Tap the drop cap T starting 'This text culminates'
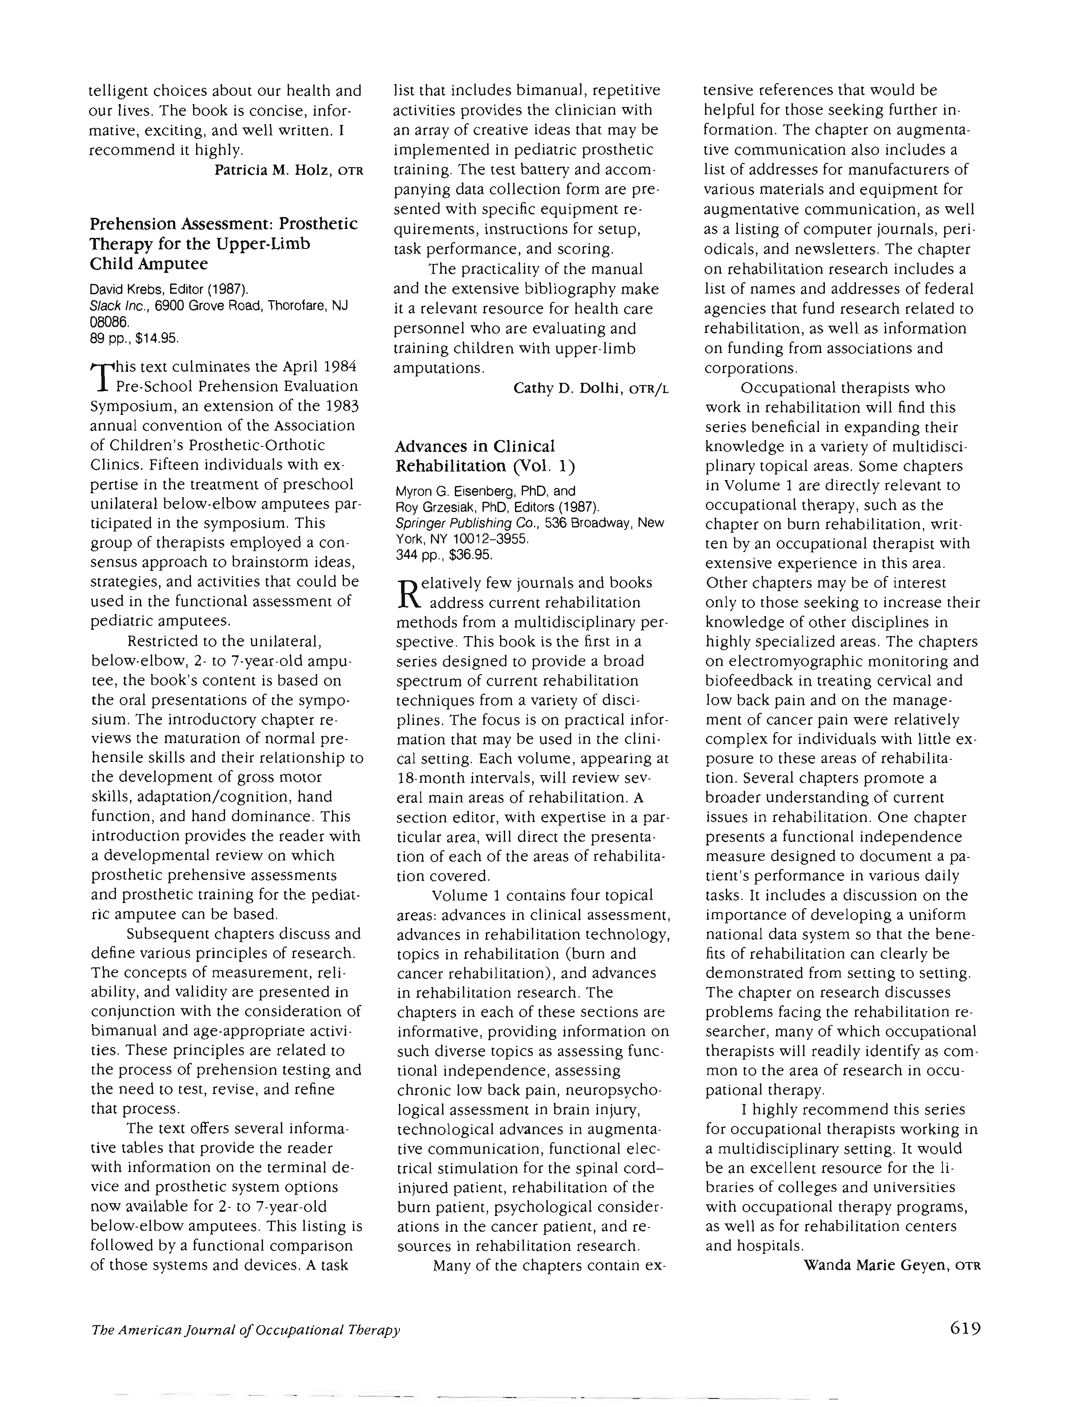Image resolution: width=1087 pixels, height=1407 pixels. (101, 376)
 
